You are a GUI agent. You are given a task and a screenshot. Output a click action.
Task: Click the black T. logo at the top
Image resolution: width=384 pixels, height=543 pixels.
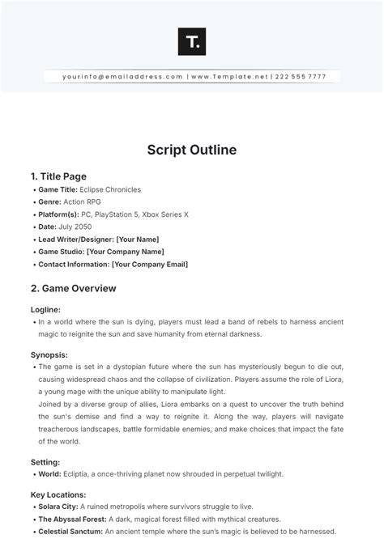click(191, 41)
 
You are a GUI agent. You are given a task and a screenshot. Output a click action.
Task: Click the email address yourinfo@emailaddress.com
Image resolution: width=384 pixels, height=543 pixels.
click(122, 77)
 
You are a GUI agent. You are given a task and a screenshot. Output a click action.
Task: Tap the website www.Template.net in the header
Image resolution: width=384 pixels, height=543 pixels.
click(229, 77)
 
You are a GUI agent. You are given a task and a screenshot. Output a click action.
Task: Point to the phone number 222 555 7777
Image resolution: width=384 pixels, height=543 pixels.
click(301, 77)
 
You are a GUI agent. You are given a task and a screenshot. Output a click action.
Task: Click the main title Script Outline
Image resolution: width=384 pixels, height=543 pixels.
click(191, 150)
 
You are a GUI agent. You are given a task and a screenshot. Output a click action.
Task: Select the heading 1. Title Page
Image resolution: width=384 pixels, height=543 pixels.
click(58, 176)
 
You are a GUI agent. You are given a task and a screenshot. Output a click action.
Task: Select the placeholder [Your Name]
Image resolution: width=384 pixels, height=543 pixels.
click(138, 240)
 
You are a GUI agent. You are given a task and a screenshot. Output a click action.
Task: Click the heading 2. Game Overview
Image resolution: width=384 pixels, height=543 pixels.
click(73, 288)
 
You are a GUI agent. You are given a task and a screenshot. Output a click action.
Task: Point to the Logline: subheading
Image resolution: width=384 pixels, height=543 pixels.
click(46, 309)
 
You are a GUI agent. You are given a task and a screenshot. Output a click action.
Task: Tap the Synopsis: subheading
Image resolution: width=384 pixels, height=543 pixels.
click(49, 354)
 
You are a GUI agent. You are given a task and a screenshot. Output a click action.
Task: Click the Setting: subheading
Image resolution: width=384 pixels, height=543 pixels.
click(45, 461)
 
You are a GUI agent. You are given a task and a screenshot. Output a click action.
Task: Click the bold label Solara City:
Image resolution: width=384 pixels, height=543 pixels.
click(61, 507)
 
